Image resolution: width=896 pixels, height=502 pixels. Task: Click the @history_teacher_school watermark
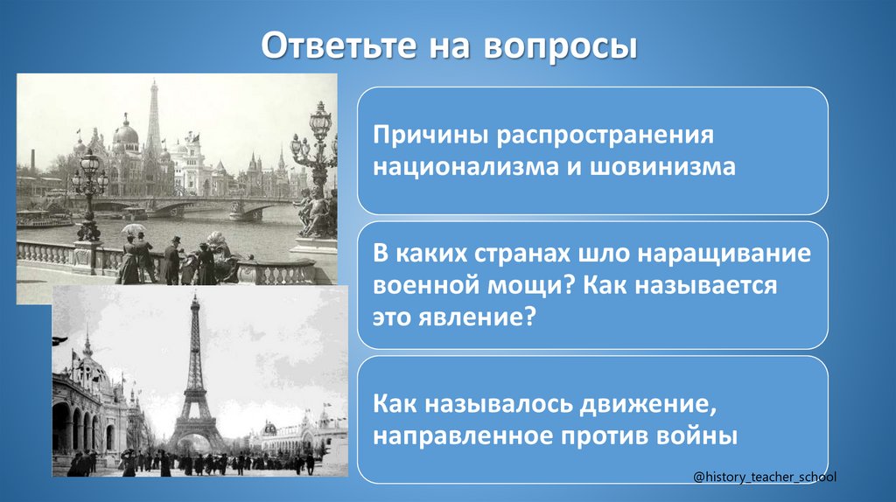765,477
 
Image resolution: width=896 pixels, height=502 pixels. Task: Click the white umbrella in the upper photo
133,229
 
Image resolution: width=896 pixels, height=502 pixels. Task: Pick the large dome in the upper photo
125,133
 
